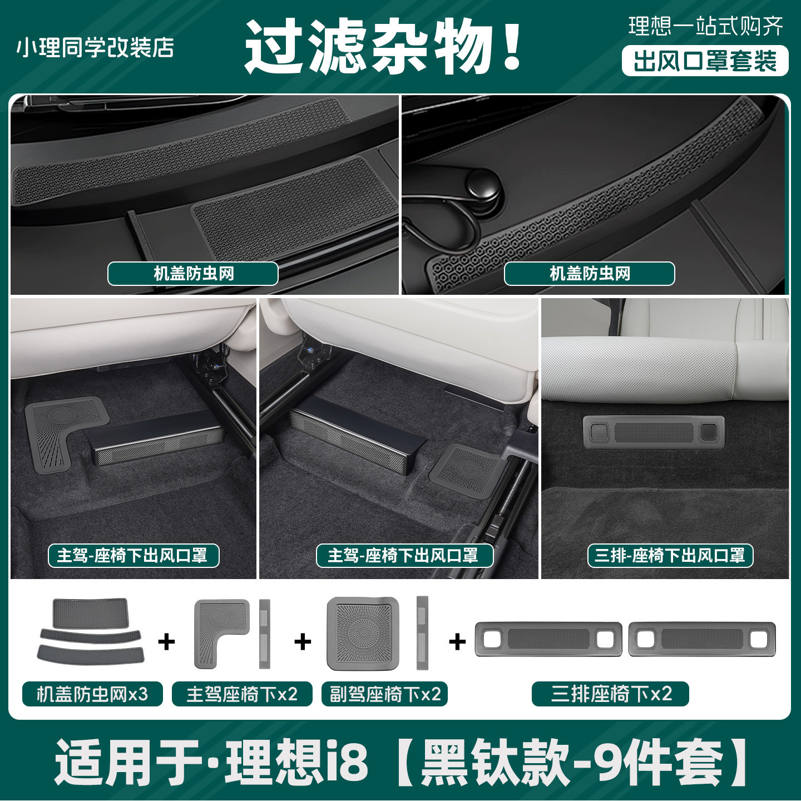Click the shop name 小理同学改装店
(x=95, y=48)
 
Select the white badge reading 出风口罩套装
(x=705, y=61)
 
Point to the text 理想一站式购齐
(x=705, y=27)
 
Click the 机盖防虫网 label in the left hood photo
(x=193, y=274)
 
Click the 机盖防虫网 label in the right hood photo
(x=589, y=274)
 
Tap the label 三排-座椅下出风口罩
(x=670, y=556)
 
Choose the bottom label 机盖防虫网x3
(x=92, y=694)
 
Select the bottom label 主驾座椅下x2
(x=242, y=694)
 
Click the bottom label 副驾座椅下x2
(x=385, y=694)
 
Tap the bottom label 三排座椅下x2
(x=611, y=694)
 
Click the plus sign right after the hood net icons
(x=166, y=642)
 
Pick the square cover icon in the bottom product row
(x=363, y=634)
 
